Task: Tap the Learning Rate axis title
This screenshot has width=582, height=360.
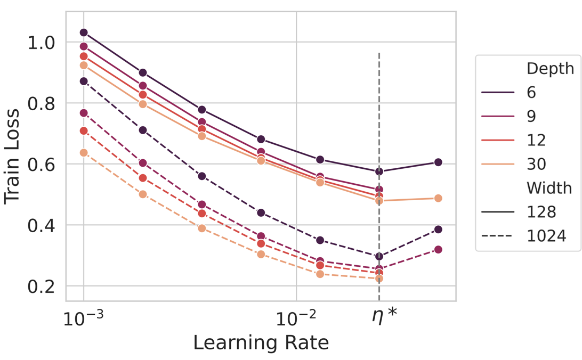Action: [261, 342]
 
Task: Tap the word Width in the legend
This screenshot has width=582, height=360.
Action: [549, 188]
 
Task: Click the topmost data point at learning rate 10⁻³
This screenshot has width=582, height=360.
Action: [84, 33]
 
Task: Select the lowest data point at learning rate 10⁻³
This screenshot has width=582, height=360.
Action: [84, 153]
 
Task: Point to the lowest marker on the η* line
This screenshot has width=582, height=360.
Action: [379, 279]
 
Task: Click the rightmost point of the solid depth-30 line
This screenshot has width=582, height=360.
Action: [438, 198]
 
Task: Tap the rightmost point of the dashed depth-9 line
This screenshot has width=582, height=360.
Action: [438, 250]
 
